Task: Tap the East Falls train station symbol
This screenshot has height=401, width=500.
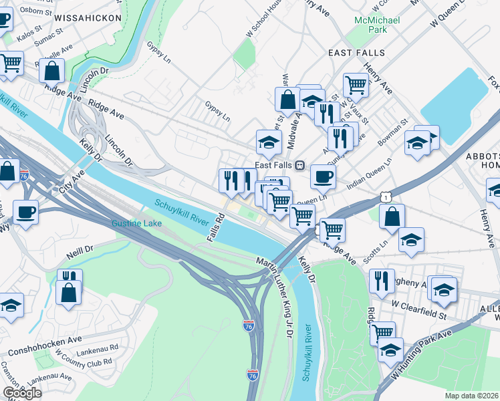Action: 300,165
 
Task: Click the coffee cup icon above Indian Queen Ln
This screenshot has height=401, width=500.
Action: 324,176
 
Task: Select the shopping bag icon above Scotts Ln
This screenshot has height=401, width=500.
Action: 392,216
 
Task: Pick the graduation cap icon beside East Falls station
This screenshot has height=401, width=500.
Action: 269,142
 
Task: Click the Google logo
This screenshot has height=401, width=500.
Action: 21,392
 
